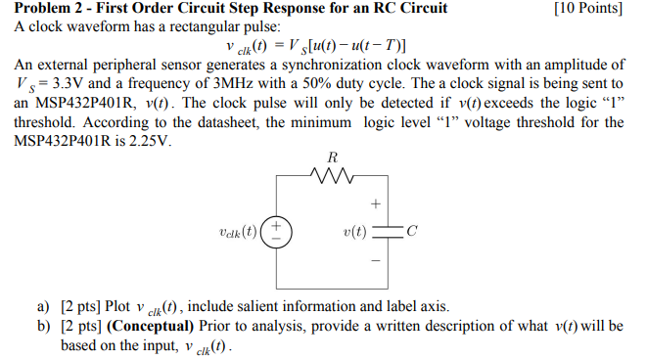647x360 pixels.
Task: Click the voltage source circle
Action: click(277, 232)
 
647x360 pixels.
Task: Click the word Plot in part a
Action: click(121, 307)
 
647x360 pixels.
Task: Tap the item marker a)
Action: click(43, 307)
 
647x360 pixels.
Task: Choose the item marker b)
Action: click(43, 326)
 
